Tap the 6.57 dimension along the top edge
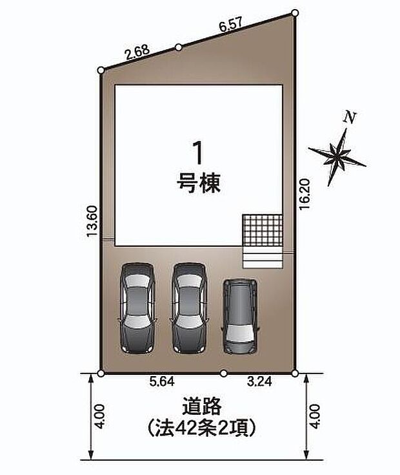(231, 27)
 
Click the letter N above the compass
(350, 118)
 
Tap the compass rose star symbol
(337, 154)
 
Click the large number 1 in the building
(199, 153)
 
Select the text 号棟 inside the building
(199, 184)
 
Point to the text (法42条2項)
(202, 427)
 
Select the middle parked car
(189, 306)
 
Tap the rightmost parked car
(240, 316)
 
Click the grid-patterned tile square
(262, 229)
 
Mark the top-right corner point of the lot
(295, 12)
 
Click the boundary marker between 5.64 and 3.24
(223, 373)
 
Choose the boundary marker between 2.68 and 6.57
(178, 47)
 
